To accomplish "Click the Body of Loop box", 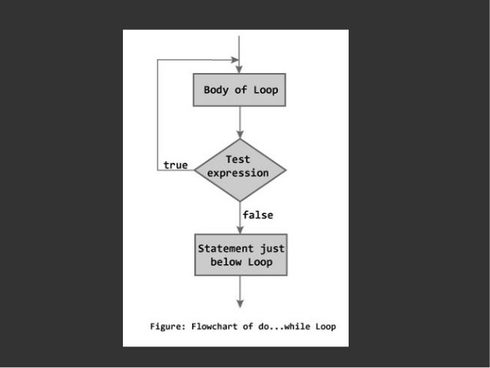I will [240, 91].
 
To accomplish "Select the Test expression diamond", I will [240, 167].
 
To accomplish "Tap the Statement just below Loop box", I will [240, 255].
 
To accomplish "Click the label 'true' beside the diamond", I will [175, 165].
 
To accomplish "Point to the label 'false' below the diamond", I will [257, 215].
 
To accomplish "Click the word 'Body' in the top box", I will [215, 91].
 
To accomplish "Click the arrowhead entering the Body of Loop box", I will [240, 71].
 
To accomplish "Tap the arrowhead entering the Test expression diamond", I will [240, 135].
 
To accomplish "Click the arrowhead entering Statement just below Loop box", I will [240, 230].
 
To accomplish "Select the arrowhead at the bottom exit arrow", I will [240, 302].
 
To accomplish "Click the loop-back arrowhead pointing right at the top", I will [232, 58].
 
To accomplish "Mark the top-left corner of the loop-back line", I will [157, 58].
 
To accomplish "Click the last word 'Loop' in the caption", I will [324, 327].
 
